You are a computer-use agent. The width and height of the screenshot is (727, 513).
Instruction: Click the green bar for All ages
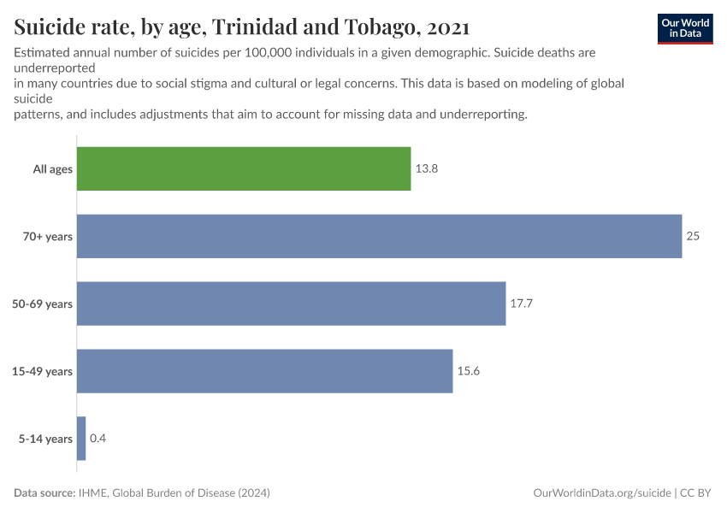(244, 168)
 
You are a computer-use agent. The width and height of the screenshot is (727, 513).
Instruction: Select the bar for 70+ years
(379, 236)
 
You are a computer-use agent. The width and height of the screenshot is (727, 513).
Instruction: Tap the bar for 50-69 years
(291, 304)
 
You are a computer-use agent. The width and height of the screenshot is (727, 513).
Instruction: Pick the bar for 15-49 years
(264, 371)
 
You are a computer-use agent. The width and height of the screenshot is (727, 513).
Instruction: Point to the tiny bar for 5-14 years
(81, 439)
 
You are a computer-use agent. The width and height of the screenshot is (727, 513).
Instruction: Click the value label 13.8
(427, 169)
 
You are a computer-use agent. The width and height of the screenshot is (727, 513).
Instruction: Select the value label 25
(693, 236)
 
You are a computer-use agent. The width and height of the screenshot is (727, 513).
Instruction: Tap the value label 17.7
(522, 304)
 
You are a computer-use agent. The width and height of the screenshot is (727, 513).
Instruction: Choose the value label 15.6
(469, 371)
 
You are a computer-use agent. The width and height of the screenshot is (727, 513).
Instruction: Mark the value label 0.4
(98, 439)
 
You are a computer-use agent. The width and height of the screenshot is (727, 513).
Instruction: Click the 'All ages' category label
(53, 169)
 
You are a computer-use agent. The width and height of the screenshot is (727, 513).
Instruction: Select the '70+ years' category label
(48, 236)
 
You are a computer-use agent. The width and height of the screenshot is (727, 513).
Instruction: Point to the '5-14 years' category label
(46, 439)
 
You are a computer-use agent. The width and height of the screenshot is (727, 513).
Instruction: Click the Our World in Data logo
(684, 28)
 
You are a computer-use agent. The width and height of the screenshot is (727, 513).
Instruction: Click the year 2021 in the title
(447, 27)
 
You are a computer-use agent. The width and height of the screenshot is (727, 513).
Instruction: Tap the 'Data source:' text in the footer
(44, 493)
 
